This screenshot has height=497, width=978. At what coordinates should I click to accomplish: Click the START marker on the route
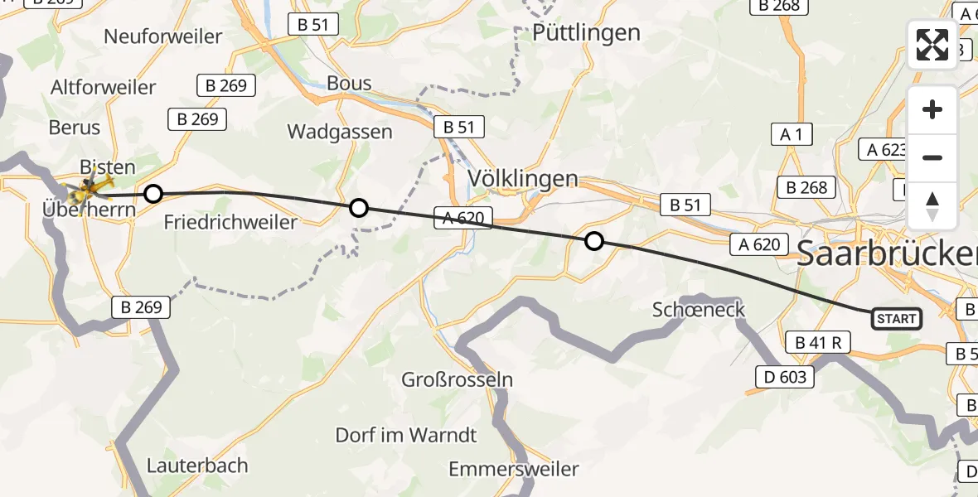pos(896,319)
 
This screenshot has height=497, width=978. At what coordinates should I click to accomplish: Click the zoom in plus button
pos(932,110)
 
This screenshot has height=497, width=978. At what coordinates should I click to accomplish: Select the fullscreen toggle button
pos(932,45)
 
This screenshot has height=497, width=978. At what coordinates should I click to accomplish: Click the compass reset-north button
pos(932,206)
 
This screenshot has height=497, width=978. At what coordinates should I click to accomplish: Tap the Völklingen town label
pos(522,178)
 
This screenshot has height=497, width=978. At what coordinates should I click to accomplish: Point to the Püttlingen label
pos(587,32)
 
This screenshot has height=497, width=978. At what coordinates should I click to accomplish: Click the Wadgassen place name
pos(339,132)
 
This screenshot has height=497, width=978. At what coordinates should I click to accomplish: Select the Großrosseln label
pos(457,380)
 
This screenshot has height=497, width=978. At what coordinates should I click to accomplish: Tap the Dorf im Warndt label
pos(406,435)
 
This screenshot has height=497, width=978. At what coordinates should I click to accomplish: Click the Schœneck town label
pos(699,310)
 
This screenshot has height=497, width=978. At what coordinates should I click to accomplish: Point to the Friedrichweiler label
pos(230,222)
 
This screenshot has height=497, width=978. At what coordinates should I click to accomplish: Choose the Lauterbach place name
pos(197,466)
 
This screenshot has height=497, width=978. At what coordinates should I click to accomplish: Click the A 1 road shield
pos(792,134)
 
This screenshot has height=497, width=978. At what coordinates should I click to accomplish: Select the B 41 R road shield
pos(818,342)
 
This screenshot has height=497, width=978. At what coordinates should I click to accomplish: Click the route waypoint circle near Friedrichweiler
pos(153,195)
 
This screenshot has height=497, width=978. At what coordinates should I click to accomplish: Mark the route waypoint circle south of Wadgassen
pos(358,208)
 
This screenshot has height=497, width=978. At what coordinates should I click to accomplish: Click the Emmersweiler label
pos(513,470)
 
